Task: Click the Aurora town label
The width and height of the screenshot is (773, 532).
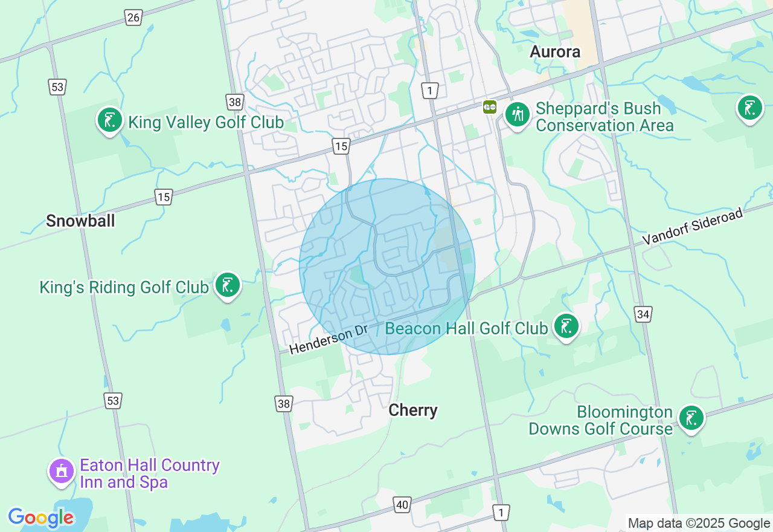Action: (555, 52)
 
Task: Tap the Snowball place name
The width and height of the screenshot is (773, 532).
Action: (80, 221)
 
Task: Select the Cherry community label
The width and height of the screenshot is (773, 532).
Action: (413, 410)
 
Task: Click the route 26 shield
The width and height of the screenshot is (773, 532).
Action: (133, 18)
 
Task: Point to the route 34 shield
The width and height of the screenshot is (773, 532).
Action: (643, 314)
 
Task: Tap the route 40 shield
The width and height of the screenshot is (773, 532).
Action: (402, 504)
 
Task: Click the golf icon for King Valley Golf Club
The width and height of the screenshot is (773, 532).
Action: (110, 120)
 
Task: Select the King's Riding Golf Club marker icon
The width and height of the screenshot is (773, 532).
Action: (227, 284)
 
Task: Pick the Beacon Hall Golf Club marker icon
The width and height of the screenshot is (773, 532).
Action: (566, 326)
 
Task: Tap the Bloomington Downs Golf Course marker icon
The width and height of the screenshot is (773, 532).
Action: (691, 418)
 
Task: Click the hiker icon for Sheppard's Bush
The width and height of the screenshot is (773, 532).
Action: (517, 114)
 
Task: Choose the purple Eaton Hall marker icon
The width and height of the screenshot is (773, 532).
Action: (61, 470)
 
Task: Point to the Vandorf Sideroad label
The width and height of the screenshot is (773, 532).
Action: (692, 227)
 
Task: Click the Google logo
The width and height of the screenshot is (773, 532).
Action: (41, 517)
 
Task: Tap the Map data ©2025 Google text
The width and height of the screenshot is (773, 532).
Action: (699, 524)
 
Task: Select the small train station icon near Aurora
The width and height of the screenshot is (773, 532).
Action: (489, 107)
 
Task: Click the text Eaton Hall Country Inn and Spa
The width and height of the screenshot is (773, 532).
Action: (149, 473)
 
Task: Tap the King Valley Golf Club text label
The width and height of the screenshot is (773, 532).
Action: (206, 123)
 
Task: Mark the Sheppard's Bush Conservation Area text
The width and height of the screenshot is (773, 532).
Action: (604, 117)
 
